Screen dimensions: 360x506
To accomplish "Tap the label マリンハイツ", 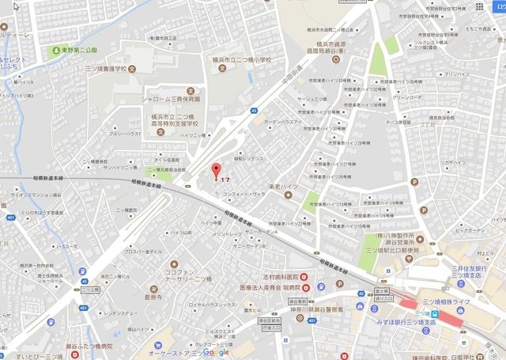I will [x=456, y=74].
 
